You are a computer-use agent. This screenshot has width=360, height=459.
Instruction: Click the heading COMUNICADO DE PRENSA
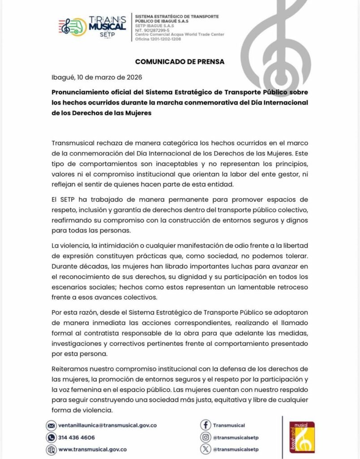pyautogui.click(x=180, y=61)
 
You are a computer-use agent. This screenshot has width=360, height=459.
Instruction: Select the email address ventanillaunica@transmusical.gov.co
pyautogui.click(x=107, y=425)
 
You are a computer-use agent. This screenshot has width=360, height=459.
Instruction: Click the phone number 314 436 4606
pyautogui.click(x=77, y=437)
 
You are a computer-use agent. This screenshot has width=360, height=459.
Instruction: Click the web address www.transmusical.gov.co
pyautogui.click(x=92, y=449)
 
